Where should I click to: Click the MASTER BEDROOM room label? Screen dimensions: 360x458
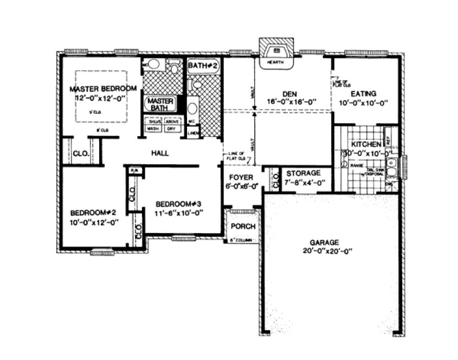tap(102, 88)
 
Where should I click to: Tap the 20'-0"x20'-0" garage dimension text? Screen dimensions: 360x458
tap(325, 251)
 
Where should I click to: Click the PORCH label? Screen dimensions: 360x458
tap(240, 226)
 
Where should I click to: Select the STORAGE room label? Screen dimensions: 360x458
tap(304, 173)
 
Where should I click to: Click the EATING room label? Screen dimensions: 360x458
tap(365, 93)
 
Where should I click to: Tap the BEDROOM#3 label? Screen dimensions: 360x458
tap(178, 204)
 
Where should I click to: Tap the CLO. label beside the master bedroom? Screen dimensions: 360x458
tap(81, 153)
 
